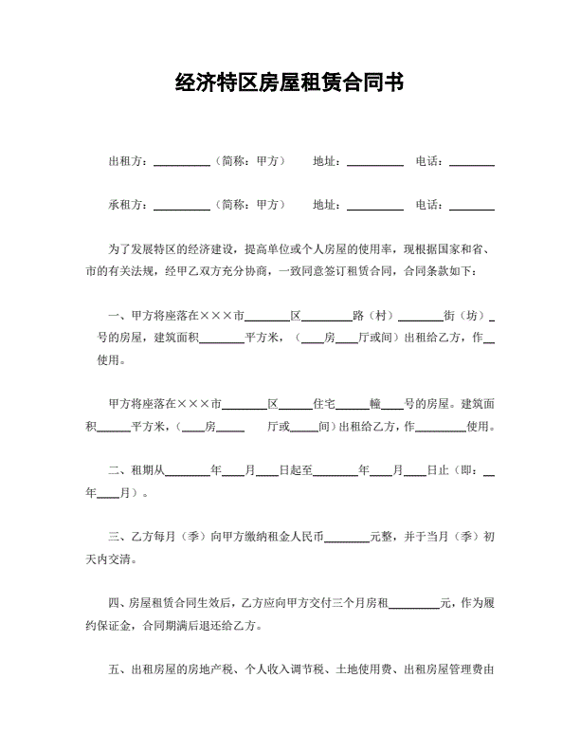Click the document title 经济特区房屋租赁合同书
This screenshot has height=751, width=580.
pos(290,82)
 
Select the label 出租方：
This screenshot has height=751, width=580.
pos(129,161)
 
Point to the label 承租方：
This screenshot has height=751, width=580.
pos(129,204)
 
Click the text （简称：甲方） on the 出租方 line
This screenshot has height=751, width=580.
pos(247,161)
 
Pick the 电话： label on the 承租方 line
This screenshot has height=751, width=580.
pos(430,204)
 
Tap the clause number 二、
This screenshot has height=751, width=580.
pos(118,469)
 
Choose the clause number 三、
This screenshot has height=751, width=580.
pos(118,537)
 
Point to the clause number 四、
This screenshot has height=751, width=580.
pos(118,603)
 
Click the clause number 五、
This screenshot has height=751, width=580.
pos(118,670)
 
